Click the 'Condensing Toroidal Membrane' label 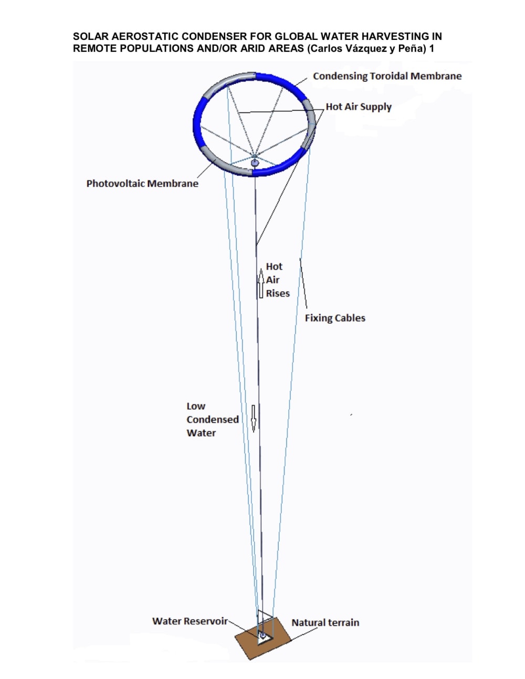pos(387,76)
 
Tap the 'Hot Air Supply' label pos(359,107)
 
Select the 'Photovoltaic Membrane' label pos(142,184)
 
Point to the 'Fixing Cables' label pos(335,318)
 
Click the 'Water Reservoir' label pos(190,621)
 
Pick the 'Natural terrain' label pos(325,623)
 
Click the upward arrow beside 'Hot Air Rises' pos(260,283)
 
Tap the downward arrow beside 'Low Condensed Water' pos(254,418)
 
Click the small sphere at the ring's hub pos(255,163)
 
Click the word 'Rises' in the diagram pos(278,293)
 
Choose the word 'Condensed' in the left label pos(213,420)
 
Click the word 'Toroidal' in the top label pos(389,76)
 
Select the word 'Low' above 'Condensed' pos(196,406)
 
